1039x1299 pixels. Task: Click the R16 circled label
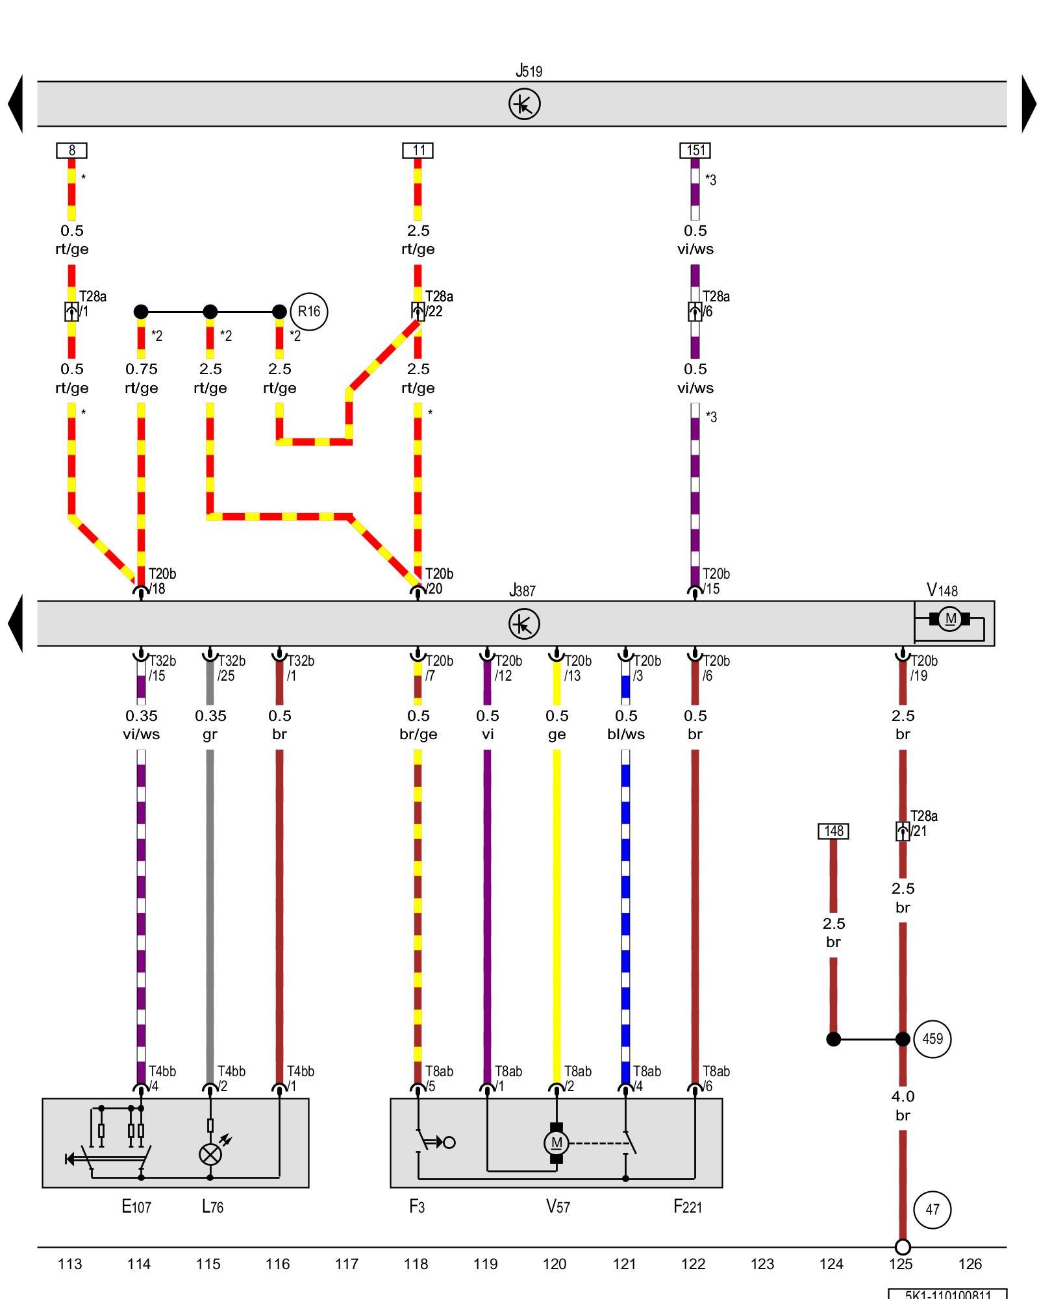tap(309, 312)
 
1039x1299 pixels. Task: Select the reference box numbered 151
tap(695, 151)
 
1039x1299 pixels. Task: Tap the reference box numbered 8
tap(71, 151)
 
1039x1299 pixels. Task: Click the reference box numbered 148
tap(833, 831)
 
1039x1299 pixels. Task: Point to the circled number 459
tap(933, 1039)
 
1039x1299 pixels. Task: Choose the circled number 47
tap(933, 1209)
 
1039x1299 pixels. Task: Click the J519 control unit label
tap(529, 71)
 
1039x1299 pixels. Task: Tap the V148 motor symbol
tap(950, 619)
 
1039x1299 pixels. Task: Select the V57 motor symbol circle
tap(557, 1143)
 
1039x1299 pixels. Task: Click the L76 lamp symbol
tap(210, 1154)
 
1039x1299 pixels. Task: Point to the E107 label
tap(136, 1207)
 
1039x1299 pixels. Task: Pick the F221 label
tap(688, 1207)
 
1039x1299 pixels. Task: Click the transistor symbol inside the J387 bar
tap(524, 624)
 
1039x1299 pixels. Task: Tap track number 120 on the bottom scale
tap(555, 1264)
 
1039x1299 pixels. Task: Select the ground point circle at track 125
tap(903, 1247)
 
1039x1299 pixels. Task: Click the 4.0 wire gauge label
tap(903, 1096)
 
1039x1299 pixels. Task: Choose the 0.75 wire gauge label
tap(142, 369)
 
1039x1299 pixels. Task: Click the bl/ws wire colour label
tap(626, 735)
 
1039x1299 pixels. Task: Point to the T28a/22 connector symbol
tap(418, 312)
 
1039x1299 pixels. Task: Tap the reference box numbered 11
tap(418, 151)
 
